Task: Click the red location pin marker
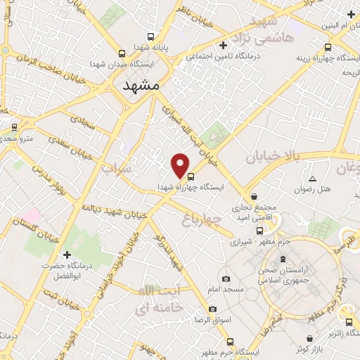click(x=181, y=165)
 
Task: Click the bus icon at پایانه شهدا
click(x=150, y=37)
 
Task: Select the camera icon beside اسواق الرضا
click(x=213, y=309)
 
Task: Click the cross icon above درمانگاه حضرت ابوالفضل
click(x=67, y=255)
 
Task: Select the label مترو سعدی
click(x=15, y=139)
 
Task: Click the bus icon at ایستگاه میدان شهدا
click(x=122, y=53)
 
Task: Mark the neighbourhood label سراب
click(x=116, y=169)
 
